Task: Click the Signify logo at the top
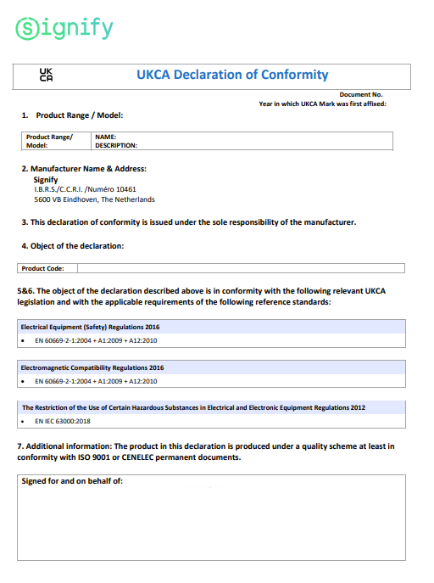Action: [x=64, y=29]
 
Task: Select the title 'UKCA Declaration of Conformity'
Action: [x=232, y=75]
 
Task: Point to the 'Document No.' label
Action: [x=361, y=94]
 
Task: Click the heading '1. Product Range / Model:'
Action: [x=78, y=115]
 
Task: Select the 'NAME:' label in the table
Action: [x=105, y=137]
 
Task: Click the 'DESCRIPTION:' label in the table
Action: [x=116, y=145]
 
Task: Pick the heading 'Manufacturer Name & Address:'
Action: [x=88, y=169]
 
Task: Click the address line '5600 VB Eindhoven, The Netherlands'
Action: [x=94, y=199]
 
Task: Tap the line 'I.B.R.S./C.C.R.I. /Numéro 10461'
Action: [x=85, y=189]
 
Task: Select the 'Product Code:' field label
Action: [x=43, y=268]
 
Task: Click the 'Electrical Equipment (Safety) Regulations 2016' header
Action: [x=90, y=327]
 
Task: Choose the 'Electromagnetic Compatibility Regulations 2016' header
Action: [x=92, y=367]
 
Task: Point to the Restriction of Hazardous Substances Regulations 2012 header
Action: [x=193, y=407]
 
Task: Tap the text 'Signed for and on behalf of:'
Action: [x=72, y=482]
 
